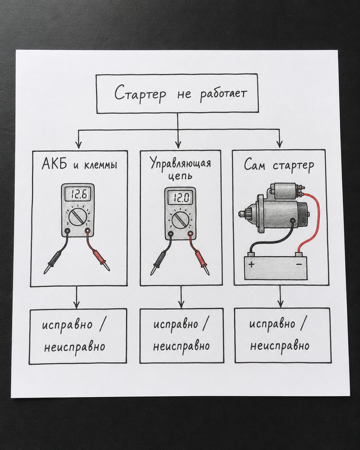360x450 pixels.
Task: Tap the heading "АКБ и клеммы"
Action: [80, 164]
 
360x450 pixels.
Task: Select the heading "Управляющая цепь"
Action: [181, 169]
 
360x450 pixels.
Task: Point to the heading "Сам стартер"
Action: [279, 165]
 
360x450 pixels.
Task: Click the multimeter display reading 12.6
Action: [78, 195]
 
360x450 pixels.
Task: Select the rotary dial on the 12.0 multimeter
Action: [181, 220]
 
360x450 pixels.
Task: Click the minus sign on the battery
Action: [299, 264]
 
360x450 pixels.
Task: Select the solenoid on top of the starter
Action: [285, 191]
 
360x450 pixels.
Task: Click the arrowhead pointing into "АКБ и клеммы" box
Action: [79, 145]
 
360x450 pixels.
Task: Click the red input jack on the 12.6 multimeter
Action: [88, 231]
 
